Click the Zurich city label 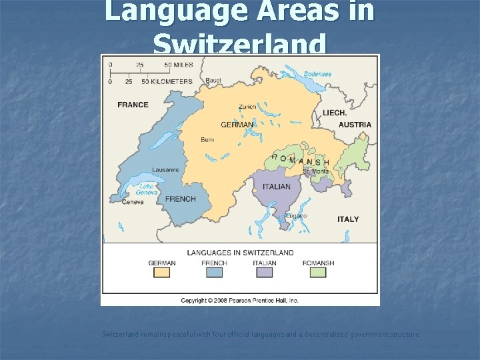tap(247, 107)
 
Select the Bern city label tap(207, 140)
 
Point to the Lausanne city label tap(165, 170)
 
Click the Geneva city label tap(133, 202)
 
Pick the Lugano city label tap(295, 215)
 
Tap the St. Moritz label tap(315, 171)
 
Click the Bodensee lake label tap(317, 74)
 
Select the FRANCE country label tap(133, 105)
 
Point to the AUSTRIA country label tap(355, 125)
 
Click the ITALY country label tap(347, 219)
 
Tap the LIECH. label tap(334, 113)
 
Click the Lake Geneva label tap(149, 189)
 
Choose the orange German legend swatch tap(162, 273)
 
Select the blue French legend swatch tap(214, 273)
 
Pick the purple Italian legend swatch tap(265, 273)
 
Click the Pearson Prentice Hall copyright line tap(240, 301)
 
